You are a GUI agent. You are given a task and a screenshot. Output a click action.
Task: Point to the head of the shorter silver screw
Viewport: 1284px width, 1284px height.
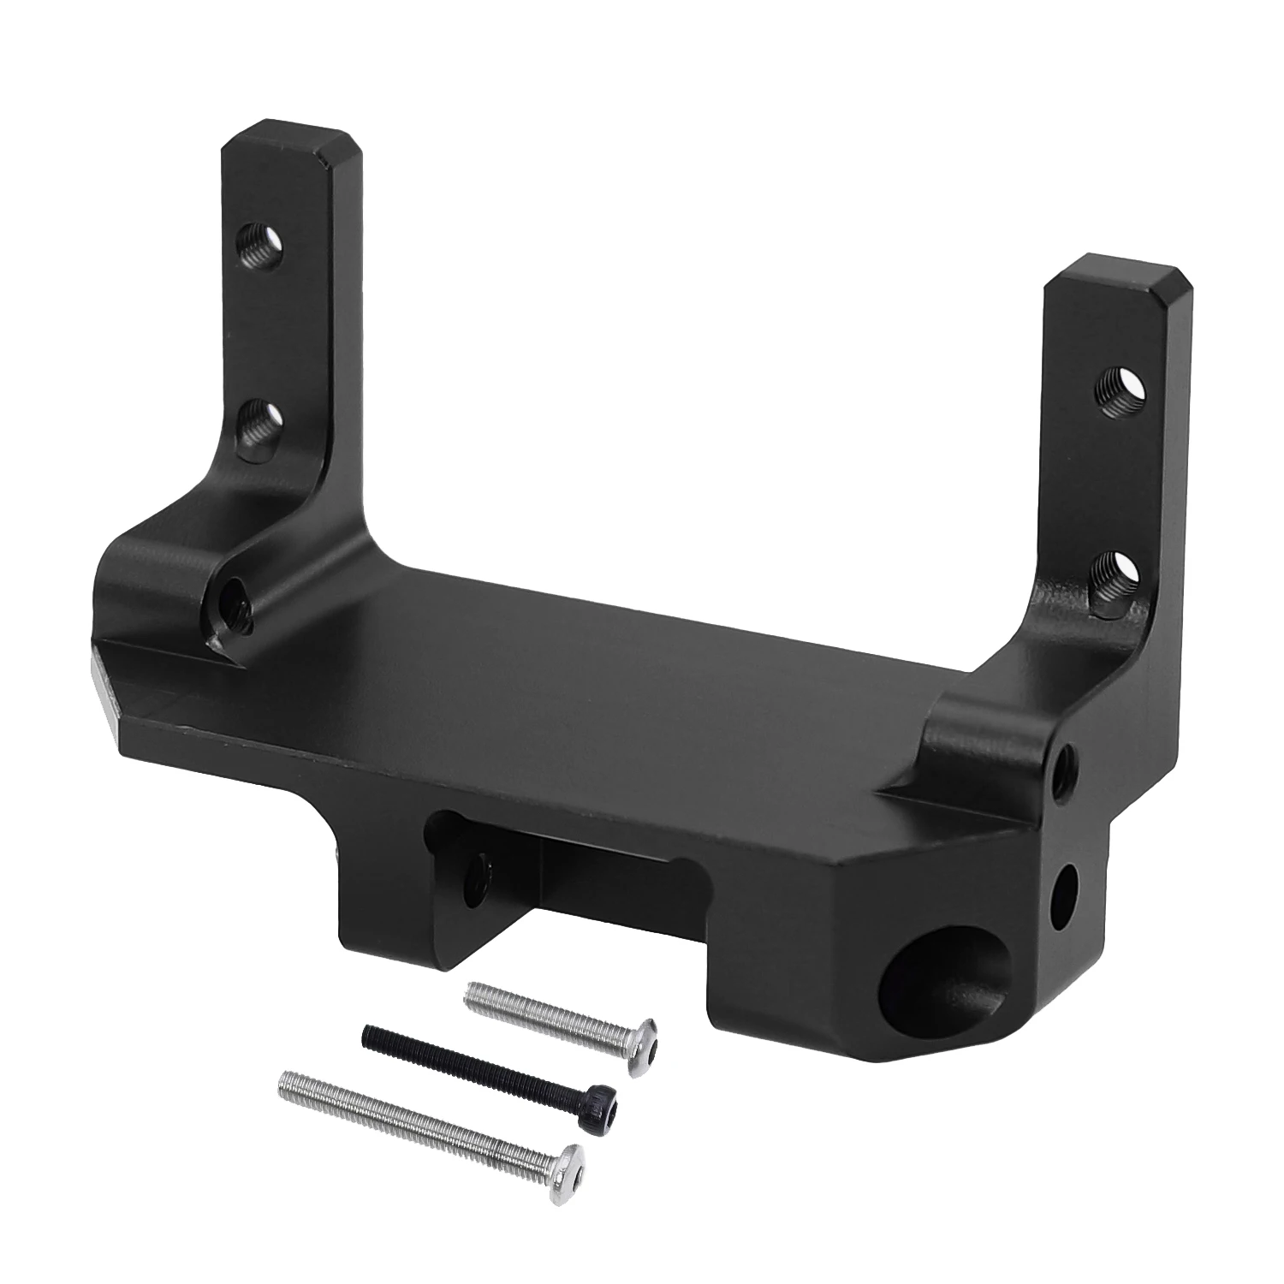(643, 1036)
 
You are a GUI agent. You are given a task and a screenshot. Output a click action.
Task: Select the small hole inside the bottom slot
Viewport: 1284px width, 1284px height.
(476, 877)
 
